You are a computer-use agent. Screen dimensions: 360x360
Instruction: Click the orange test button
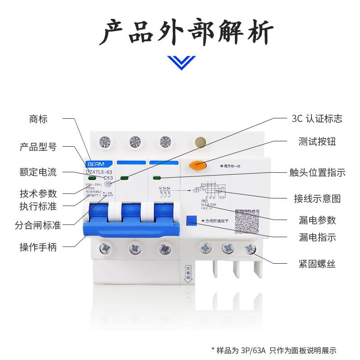point(198,165)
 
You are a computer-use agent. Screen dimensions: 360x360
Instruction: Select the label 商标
point(38,119)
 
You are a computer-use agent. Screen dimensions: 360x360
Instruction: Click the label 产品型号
point(38,147)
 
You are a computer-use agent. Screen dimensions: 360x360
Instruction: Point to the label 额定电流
point(38,172)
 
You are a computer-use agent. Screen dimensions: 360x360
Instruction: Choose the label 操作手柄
point(38,247)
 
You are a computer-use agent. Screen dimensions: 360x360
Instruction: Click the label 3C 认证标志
point(317,119)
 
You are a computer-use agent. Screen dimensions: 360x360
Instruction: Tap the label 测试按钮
point(317,142)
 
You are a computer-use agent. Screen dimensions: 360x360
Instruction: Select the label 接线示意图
point(317,198)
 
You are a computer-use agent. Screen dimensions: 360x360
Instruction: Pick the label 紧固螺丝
point(317,264)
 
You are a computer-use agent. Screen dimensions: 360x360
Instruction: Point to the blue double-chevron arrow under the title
point(181,62)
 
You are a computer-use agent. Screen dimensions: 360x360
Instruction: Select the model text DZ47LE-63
point(99,172)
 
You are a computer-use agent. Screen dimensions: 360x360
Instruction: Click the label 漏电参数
point(317,220)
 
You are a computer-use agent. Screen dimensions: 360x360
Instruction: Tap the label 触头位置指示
point(317,172)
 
